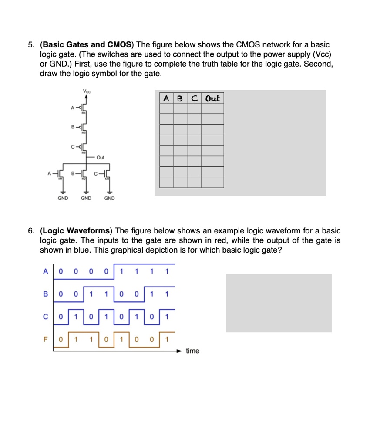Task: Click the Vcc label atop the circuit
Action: click(x=86, y=91)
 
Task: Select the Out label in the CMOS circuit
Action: click(x=101, y=157)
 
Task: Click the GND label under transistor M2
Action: click(x=86, y=198)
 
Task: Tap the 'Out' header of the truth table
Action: click(x=212, y=98)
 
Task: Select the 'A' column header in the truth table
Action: click(x=166, y=98)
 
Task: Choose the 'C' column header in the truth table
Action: click(x=194, y=98)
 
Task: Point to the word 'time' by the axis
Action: click(x=192, y=351)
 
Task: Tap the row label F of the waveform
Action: click(x=45, y=338)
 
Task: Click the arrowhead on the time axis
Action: click(x=179, y=350)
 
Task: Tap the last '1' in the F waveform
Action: click(x=167, y=338)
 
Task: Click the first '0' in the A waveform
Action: click(x=61, y=272)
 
